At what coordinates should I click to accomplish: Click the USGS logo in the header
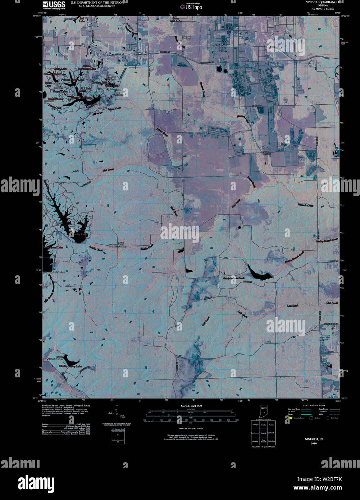pos(54,4)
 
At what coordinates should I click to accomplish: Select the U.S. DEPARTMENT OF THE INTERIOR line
pos(97,2)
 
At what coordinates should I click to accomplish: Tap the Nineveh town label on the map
pos(143,53)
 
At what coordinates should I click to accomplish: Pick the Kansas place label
pos(266,148)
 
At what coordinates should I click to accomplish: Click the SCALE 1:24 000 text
pos(191,406)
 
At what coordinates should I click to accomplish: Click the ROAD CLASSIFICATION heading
pos(311,405)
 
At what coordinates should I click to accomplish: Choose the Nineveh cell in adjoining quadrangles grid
pos(263,433)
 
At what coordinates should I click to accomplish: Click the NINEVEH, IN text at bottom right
pos(314,439)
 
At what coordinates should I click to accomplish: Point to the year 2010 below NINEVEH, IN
pos(314,444)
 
